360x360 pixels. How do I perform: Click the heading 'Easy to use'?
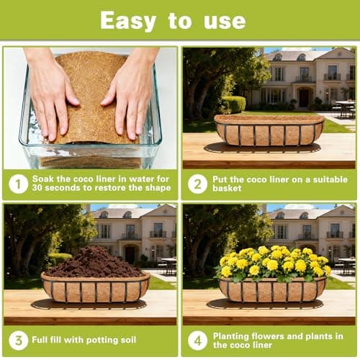(179, 21)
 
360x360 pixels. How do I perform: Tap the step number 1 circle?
(18, 184)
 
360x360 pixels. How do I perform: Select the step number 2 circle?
(197, 184)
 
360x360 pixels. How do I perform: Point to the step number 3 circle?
(18, 341)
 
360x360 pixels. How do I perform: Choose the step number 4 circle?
(197, 341)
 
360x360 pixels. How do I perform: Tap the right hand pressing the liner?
(130, 90)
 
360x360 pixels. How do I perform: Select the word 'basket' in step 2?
(230, 190)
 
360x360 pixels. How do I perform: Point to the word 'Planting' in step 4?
(233, 336)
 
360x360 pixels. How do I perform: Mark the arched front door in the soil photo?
(130, 253)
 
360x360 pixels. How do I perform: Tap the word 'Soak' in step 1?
(44, 179)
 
